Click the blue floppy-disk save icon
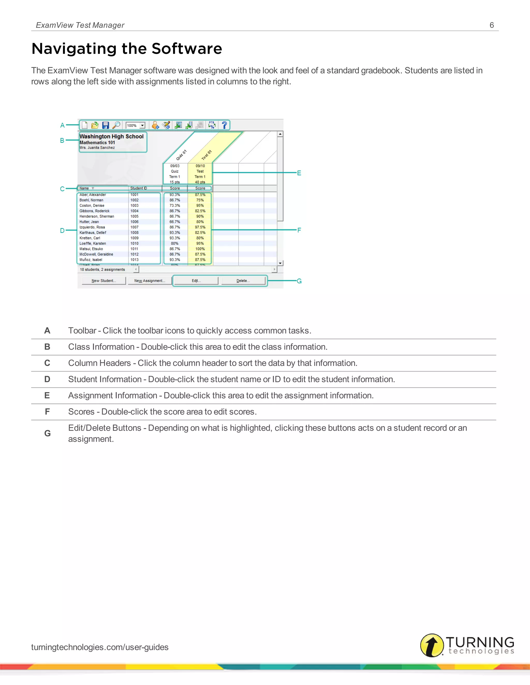pyautogui.click(x=106, y=125)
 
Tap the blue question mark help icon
pyautogui.click(x=224, y=125)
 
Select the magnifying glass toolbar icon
pyautogui.click(x=116, y=125)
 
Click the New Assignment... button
pyautogui.click(x=150, y=281)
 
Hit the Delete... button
pyautogui.click(x=243, y=281)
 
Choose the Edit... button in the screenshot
pyautogui.click(x=196, y=281)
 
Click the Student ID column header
pyautogui.click(x=139, y=188)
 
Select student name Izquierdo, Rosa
pyautogui.click(x=92, y=227)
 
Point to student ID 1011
pyautogui.click(x=134, y=249)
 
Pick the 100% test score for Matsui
pyautogui.click(x=200, y=249)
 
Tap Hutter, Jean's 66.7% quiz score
pyautogui.click(x=175, y=222)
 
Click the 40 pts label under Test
pyautogui.click(x=200, y=182)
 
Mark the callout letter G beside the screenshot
pyautogui.click(x=299, y=281)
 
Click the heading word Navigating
pyautogui.click(x=74, y=49)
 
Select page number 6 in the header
pyautogui.click(x=492, y=25)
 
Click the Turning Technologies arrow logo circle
pyautogui.click(x=432, y=645)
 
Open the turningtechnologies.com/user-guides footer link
pyautogui.click(x=100, y=647)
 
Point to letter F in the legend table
pyautogui.click(x=47, y=412)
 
